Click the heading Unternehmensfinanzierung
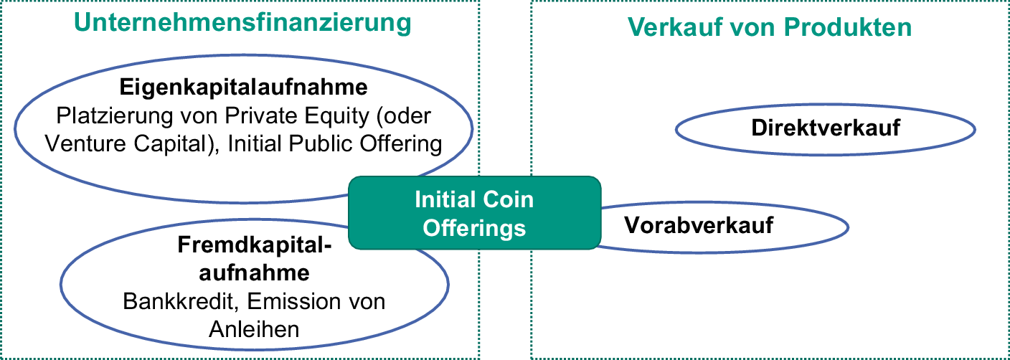242,23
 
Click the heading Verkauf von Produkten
770,27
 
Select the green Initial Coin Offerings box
474,213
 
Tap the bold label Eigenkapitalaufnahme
243,87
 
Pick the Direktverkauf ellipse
826,128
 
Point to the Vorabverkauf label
699,225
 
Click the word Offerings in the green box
474,228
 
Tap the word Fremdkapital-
255,246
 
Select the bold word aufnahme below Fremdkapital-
254,273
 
